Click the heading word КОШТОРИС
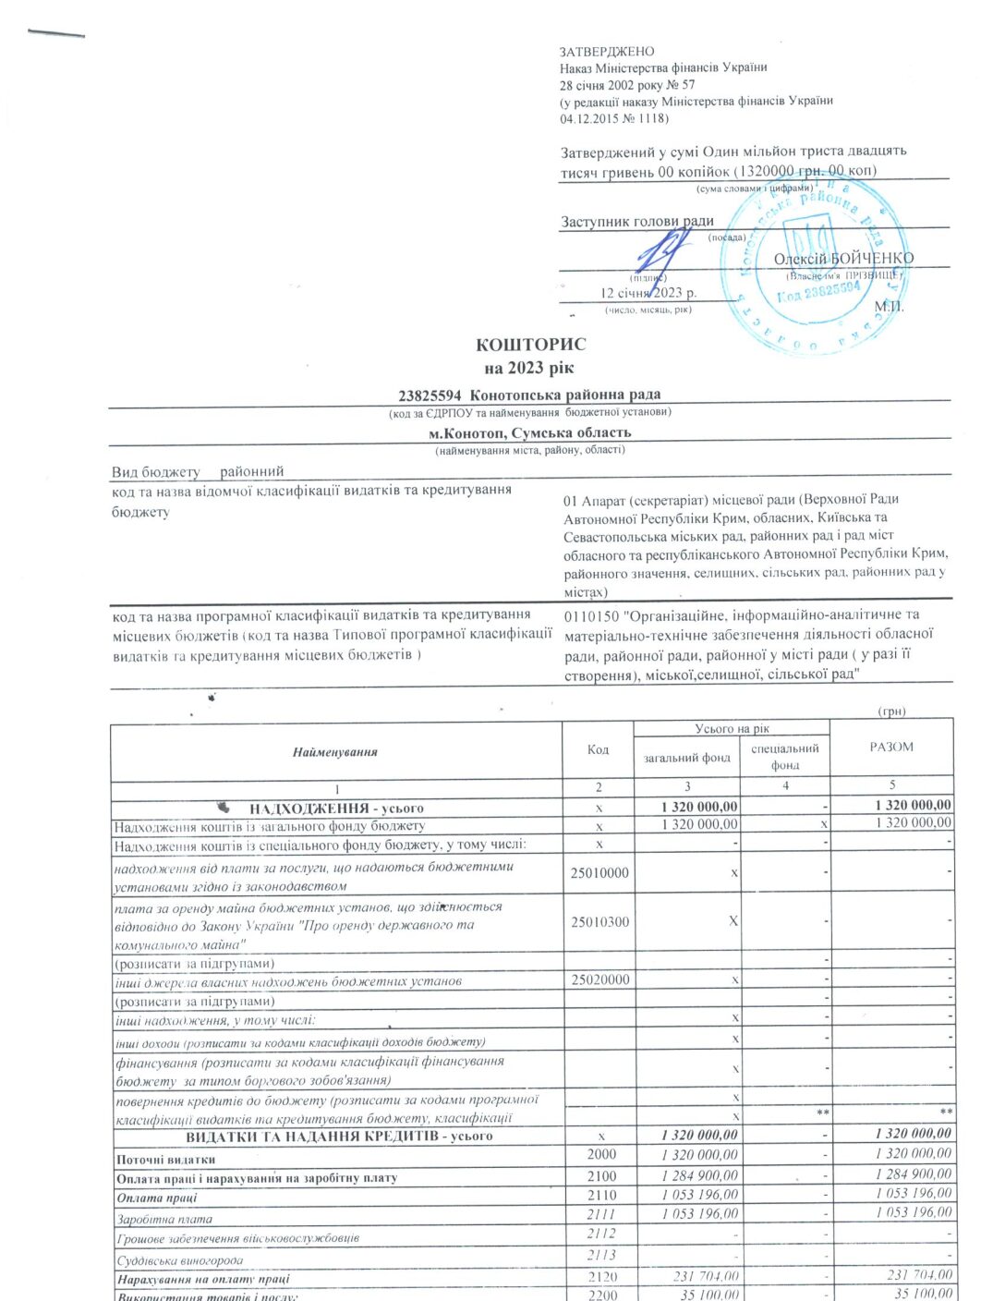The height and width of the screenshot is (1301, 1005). click(530, 345)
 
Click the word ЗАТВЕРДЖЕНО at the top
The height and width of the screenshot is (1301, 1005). click(606, 52)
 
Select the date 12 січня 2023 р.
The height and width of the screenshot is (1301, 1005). click(648, 293)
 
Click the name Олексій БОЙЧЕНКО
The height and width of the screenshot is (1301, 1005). click(843, 259)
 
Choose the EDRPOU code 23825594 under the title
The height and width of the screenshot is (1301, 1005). click(430, 395)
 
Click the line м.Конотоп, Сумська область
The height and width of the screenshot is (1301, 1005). click(529, 432)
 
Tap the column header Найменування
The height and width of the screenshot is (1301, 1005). click(334, 752)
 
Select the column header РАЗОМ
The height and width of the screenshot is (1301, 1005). click(890, 748)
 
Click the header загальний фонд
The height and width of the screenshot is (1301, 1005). click(687, 758)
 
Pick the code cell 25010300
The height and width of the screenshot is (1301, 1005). click(599, 921)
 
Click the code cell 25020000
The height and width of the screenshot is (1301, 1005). click(599, 979)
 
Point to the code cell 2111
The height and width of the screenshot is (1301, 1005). click(600, 1214)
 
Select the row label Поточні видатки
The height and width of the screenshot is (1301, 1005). click(166, 1160)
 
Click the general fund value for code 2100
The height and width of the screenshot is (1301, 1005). click(699, 1175)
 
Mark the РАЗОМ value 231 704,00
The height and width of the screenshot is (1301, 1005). click(918, 1275)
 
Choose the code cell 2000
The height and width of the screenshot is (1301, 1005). click(600, 1154)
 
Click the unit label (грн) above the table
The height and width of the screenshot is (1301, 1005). click(891, 711)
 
